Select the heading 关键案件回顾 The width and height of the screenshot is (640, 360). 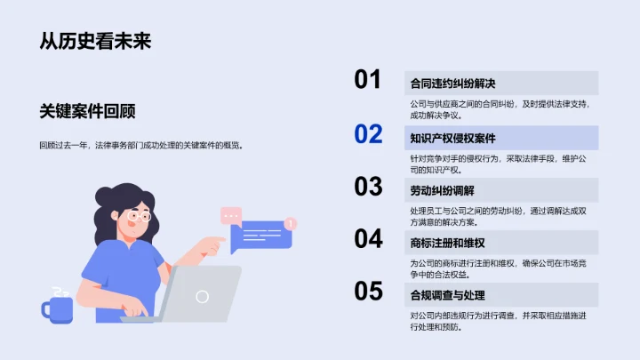coord(87,111)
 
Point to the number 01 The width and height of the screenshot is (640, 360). coord(368,80)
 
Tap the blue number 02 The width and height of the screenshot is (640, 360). coord(368,134)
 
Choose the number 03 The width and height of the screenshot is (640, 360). coord(368,187)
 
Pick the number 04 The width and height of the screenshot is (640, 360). coord(368,238)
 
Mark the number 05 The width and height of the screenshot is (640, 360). coord(368,291)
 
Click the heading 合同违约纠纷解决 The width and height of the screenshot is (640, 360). coord(452,84)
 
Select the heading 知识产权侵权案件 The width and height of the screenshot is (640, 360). coord(452,138)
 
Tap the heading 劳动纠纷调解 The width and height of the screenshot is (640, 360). coord(442,190)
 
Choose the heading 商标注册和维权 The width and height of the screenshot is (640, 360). coord(447,243)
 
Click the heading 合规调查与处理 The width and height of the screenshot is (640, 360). coord(447,295)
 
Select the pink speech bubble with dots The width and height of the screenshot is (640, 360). coord(231,215)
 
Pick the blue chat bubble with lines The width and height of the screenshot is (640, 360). coord(260,236)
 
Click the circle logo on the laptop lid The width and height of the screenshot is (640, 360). coord(203,296)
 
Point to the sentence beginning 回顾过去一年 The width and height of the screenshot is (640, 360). coord(140,145)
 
